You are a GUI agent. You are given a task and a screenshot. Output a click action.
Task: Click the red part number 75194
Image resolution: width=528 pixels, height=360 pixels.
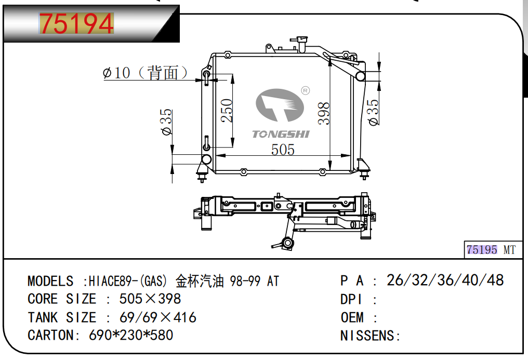click(x=76, y=23)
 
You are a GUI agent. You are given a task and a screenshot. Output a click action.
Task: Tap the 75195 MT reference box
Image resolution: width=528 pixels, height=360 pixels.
click(x=493, y=250)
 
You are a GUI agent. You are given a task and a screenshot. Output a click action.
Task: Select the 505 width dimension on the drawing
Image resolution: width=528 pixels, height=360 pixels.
click(x=283, y=150)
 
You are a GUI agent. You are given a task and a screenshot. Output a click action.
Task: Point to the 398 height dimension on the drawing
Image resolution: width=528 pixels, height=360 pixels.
click(x=324, y=114)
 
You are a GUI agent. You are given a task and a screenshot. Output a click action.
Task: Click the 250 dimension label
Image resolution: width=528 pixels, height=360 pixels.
click(x=227, y=110)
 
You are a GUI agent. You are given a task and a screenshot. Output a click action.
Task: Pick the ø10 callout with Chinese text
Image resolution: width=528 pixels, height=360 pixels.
click(x=145, y=73)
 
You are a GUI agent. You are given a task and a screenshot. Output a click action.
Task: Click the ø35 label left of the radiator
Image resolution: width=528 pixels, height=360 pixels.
click(x=167, y=122)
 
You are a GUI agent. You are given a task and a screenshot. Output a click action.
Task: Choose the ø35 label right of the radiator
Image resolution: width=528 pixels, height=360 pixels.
click(x=374, y=112)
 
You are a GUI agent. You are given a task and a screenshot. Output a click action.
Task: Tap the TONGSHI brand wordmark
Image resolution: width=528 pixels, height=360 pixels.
click(x=281, y=134)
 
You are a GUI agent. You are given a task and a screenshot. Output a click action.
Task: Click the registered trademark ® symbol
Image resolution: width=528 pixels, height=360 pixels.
click(x=305, y=90)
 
